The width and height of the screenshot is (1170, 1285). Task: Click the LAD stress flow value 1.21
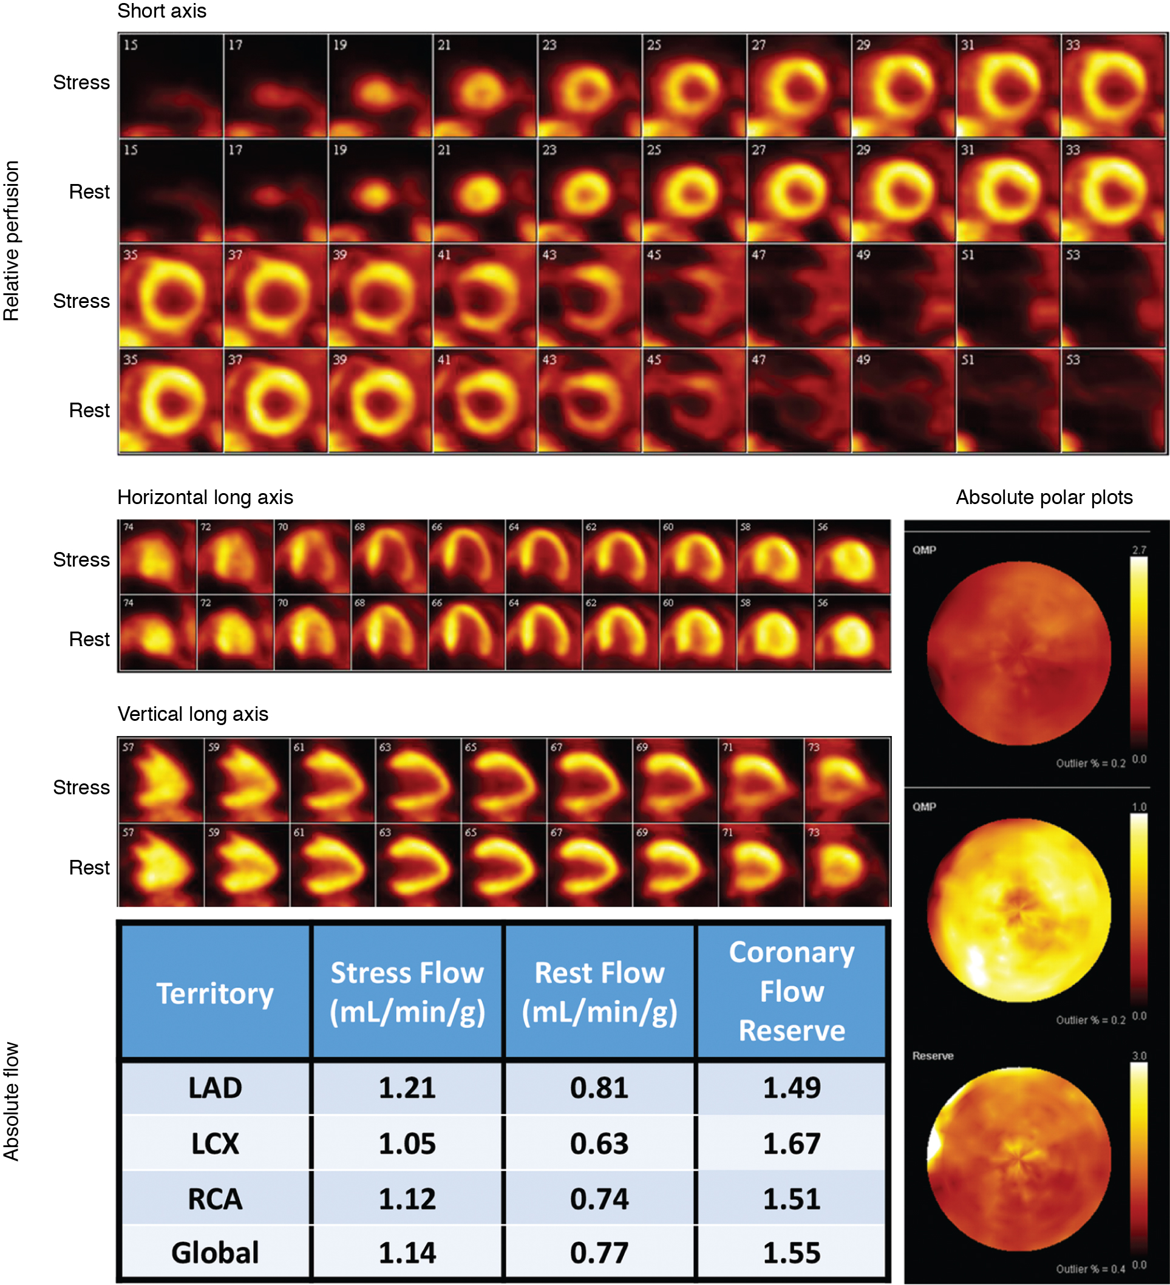[407, 1088]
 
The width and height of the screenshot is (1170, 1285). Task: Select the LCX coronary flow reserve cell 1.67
[792, 1143]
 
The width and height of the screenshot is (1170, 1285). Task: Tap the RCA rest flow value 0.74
[599, 1198]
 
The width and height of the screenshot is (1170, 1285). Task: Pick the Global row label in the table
[215, 1252]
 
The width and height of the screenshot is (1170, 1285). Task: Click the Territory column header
[215, 993]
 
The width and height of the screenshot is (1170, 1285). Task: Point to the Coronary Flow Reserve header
[792, 991]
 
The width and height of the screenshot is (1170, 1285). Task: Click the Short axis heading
[162, 11]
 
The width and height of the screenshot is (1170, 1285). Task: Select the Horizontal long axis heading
[205, 497]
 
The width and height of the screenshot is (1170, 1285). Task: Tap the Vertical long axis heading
[192, 714]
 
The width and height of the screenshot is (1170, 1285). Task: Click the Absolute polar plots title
[1044, 497]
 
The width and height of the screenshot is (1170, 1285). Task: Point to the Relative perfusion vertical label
[12, 240]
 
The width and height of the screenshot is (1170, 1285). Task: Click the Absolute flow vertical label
[12, 1101]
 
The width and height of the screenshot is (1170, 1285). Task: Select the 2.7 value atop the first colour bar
[1139, 550]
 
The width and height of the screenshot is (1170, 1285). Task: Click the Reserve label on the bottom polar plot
[933, 1056]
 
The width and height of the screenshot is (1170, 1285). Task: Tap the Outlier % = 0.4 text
[1090, 1269]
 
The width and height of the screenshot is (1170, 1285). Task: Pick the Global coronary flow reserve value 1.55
[792, 1252]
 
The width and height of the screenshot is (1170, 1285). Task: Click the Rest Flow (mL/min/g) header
[599, 993]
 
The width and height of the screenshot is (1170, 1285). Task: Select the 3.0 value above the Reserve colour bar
[1139, 1055]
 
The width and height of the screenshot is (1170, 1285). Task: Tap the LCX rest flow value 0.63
[599, 1143]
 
